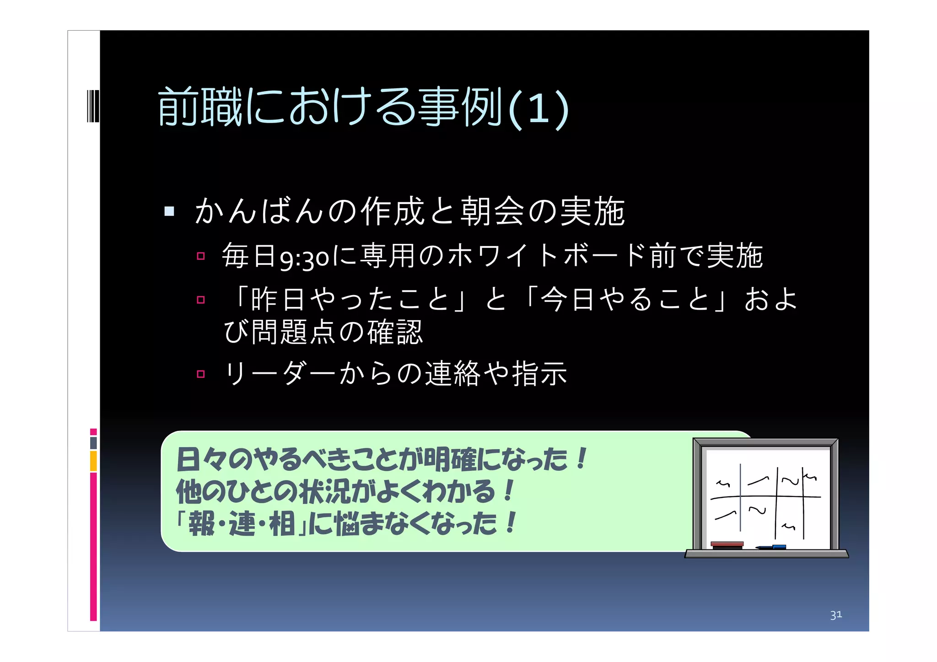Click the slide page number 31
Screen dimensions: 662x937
pyautogui.click(x=836, y=615)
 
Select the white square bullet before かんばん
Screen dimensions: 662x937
pyautogui.click(x=169, y=211)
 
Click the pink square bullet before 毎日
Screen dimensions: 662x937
pyautogui.click(x=200, y=256)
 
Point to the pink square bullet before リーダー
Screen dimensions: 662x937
pyautogui.click(x=200, y=374)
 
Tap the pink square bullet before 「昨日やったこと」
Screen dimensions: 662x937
pyautogui.click(x=200, y=300)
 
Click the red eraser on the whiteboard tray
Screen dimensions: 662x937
pyautogui.click(x=727, y=545)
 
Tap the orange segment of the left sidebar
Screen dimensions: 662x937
pyautogui.click(x=93, y=461)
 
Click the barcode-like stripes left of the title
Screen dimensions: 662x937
pyautogui.click(x=93, y=106)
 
